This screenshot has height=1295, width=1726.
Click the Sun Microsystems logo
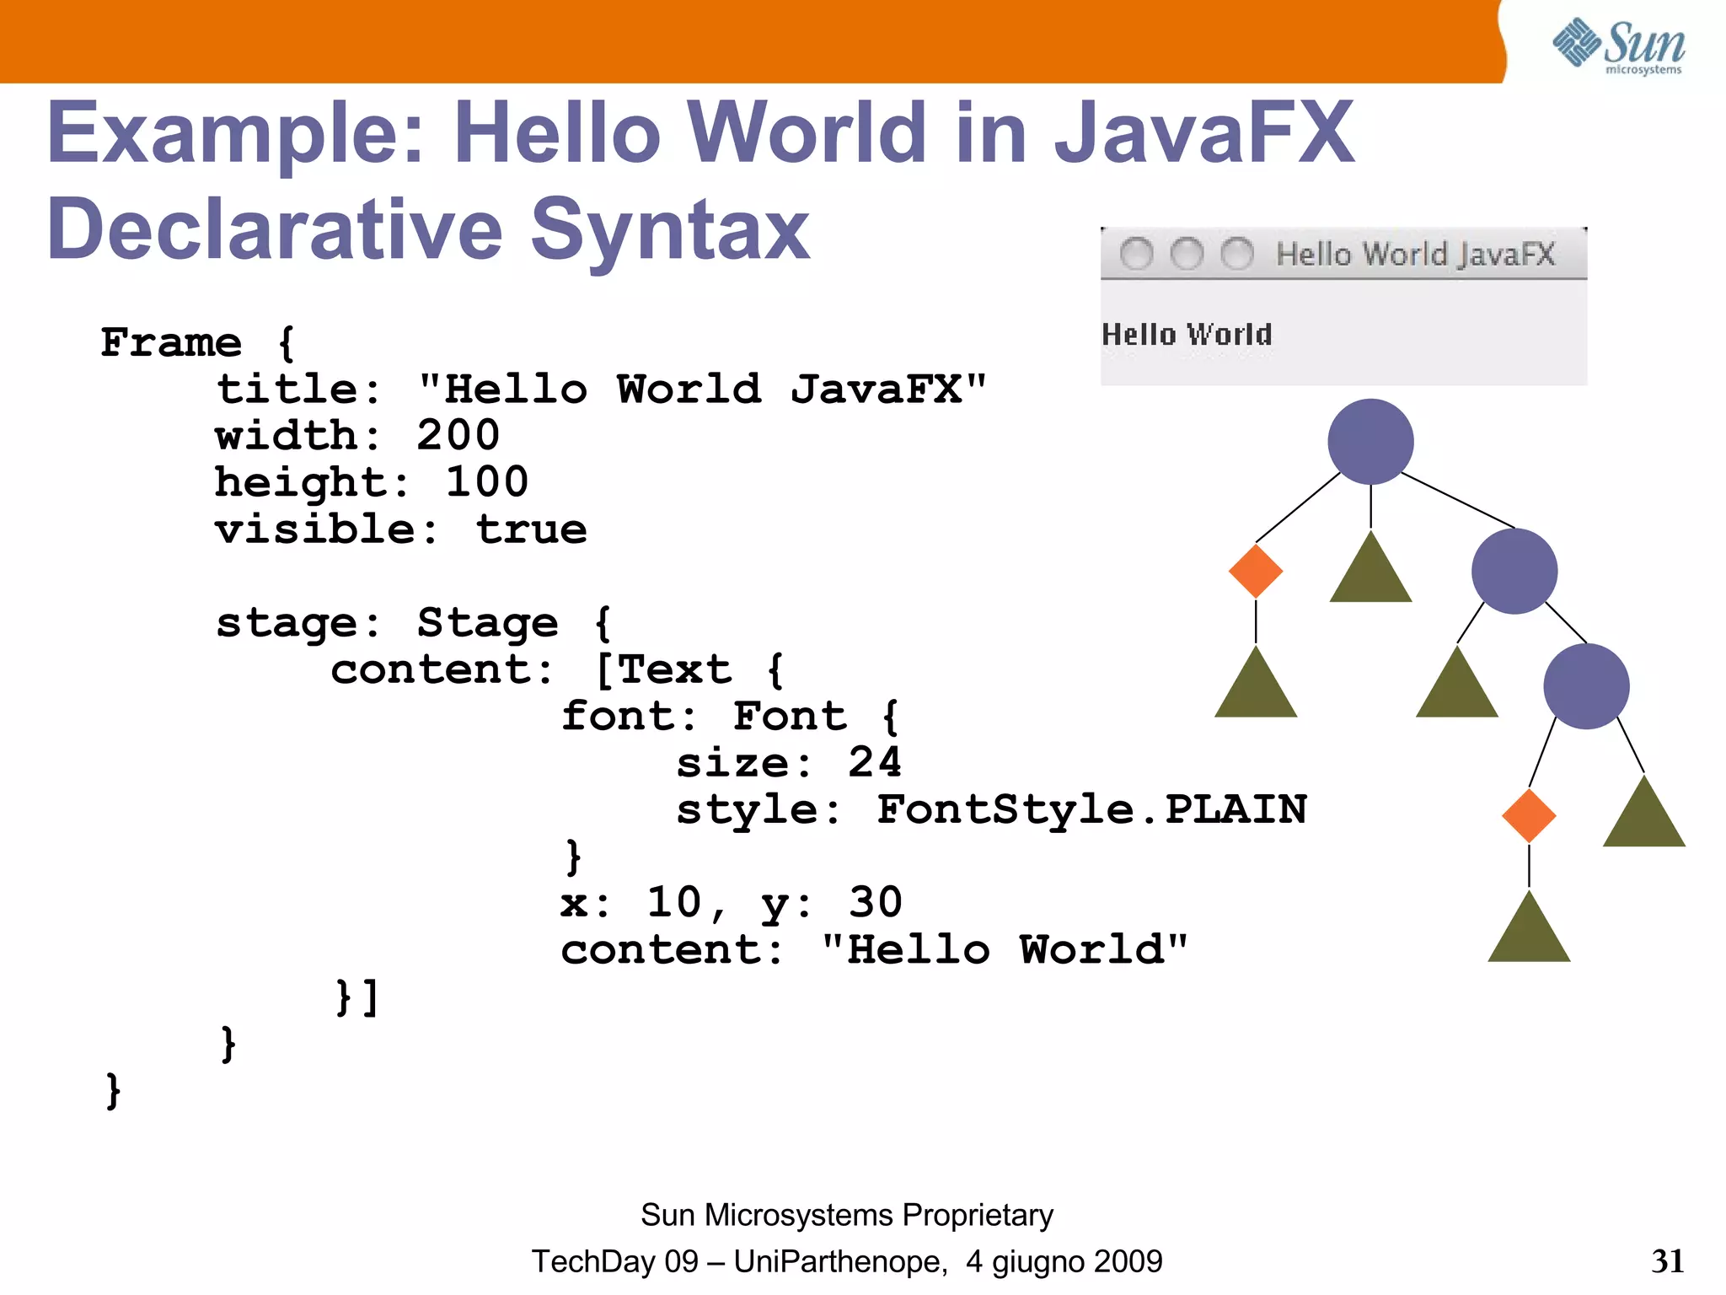pos(1618,46)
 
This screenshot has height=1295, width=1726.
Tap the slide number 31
pos(1667,1261)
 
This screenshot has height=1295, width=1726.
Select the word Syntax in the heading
pos(670,229)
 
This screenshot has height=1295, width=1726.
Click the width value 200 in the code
pos(458,436)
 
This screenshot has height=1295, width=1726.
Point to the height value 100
pos(487,482)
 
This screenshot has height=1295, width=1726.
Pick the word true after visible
pos(531,529)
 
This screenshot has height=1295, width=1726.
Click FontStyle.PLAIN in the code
pos(1091,809)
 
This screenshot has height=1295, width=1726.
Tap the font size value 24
pos(875,762)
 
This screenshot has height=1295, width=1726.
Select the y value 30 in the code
pos(875,903)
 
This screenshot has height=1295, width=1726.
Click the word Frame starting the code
pos(171,342)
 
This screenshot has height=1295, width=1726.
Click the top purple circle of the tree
pos(1370,442)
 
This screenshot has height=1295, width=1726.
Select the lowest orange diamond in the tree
pos(1529,815)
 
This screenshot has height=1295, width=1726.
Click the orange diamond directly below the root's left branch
pos(1256,571)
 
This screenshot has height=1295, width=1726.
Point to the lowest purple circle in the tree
pos(1586,686)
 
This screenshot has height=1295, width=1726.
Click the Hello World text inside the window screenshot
pos(1187,335)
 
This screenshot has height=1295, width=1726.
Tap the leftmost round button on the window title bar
pos(1136,254)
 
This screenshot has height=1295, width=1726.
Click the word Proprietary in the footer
pos(978,1215)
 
